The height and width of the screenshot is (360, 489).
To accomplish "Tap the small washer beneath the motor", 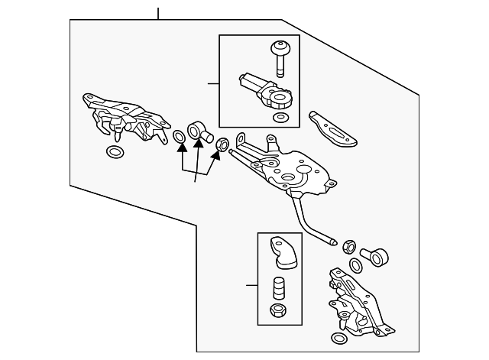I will click(x=283, y=117).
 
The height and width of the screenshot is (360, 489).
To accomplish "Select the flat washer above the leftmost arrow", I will click(x=179, y=138).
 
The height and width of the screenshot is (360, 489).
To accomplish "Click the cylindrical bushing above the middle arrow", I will click(x=199, y=131).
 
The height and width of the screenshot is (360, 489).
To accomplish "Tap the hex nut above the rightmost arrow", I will click(x=222, y=142).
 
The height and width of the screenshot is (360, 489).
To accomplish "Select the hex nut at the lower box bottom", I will click(x=279, y=312).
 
